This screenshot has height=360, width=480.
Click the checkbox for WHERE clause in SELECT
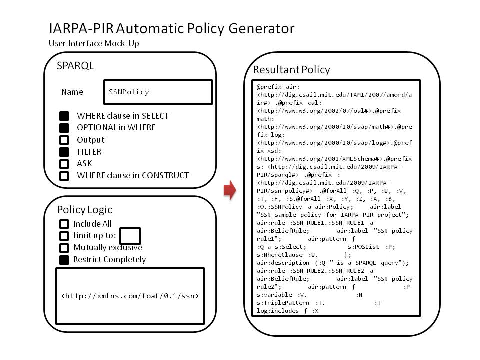pos(64,116)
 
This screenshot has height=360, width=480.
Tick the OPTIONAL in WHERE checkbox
pos(64,128)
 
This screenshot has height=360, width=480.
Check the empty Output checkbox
pos(64,140)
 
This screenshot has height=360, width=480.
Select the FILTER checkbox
pos(64,152)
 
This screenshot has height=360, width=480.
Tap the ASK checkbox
pos(64,164)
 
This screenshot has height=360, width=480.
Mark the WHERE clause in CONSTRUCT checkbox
pos(64,176)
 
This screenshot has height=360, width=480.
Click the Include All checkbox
pos(64,224)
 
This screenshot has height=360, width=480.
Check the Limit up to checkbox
pos(64,236)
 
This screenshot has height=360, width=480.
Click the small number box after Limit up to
pos(130,236)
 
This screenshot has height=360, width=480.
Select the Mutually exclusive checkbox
pos(64,248)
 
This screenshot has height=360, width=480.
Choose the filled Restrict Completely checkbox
pos(64,260)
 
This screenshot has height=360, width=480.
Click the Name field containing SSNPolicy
pos(158,92)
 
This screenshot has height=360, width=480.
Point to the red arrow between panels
pos(230,190)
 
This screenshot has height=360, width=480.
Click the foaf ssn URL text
pos(130,296)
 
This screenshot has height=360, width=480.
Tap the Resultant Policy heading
pos(291,70)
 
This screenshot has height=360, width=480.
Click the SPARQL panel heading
pos(75,66)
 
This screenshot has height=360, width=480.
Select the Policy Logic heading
pos(85,210)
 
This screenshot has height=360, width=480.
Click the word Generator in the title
pos(261,29)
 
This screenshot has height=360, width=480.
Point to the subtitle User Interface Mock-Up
pos(94,43)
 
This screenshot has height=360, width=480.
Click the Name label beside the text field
pos(72,92)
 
